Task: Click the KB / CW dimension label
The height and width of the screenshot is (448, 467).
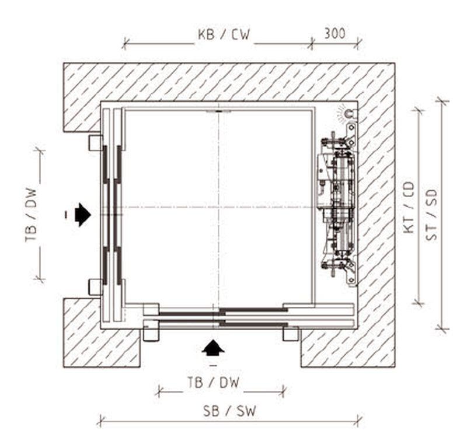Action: coord(224,34)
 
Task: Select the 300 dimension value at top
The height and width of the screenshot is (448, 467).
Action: coord(334,34)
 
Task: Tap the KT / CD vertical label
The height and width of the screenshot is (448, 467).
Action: coord(409,207)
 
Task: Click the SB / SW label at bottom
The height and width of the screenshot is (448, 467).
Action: coord(229,410)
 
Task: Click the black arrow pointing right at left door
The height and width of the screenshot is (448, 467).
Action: coord(82,214)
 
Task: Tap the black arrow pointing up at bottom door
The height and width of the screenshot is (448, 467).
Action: coord(213,348)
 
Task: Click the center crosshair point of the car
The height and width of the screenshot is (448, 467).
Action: coord(218,206)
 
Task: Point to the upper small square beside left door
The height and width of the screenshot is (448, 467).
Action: coord(95,142)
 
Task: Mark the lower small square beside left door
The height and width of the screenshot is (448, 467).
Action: coord(95,286)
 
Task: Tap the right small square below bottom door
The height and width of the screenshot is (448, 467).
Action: coord(290,334)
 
